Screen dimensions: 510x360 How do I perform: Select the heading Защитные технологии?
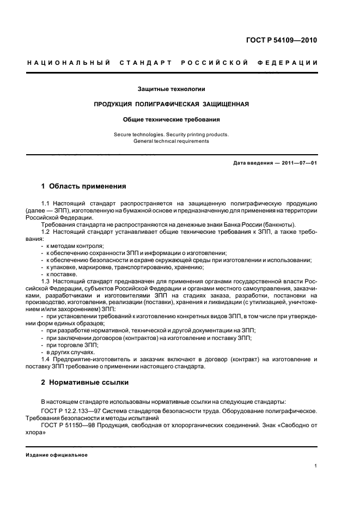pos(172,88)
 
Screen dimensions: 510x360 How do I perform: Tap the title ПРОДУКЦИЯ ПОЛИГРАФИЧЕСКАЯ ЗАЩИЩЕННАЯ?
pos(172,104)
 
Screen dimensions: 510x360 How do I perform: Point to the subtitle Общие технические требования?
pos(172,119)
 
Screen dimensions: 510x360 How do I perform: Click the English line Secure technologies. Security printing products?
pos(172,134)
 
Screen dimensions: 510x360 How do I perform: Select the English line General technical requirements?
pos(172,141)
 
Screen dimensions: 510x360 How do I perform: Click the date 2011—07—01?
pos(297,163)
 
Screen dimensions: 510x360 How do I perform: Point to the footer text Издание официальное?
pos(57,455)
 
